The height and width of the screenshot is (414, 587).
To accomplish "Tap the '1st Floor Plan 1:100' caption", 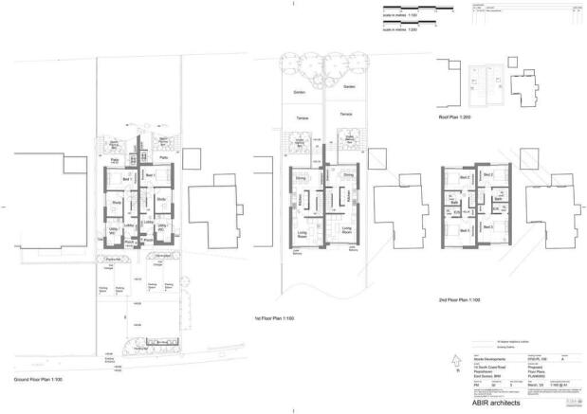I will point(276,318).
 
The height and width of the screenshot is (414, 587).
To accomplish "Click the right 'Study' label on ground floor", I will point(161,200).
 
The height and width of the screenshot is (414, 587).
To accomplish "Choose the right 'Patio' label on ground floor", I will point(163,157).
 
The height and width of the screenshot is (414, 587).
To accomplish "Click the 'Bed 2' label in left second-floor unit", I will point(465,177).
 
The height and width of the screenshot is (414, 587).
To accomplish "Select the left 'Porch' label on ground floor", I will point(129,241).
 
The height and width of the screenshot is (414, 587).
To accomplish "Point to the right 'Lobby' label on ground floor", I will point(148,224).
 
